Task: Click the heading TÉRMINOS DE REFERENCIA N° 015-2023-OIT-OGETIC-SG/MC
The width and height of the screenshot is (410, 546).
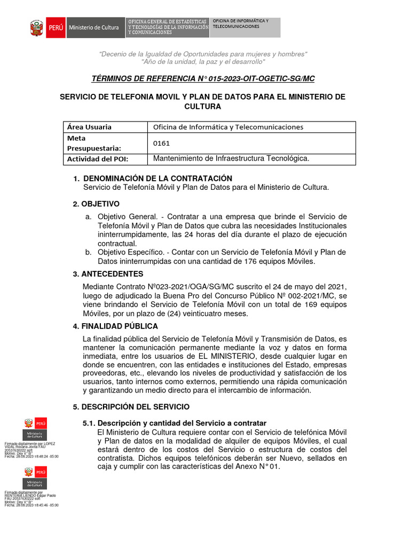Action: click(203, 79)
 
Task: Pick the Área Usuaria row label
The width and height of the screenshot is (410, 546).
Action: click(89, 127)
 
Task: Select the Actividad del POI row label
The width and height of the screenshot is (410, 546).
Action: click(98, 159)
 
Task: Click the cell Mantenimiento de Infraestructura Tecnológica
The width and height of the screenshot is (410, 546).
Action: click(231, 159)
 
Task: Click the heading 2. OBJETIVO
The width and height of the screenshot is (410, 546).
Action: click(96, 204)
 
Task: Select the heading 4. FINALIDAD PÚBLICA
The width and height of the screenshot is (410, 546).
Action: click(115, 326)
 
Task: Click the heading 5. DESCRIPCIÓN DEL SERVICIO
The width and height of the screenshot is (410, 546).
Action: click(131, 407)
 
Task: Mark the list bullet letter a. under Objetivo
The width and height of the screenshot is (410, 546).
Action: click(88, 217)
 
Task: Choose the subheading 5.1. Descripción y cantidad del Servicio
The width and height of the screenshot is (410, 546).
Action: click(174, 423)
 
